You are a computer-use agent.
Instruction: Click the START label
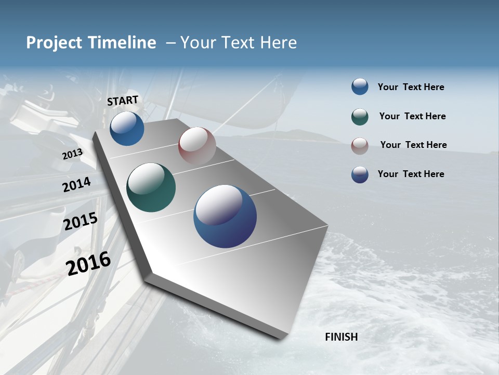pyautogui.click(x=123, y=101)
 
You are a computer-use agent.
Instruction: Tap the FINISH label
pyautogui.click(x=342, y=337)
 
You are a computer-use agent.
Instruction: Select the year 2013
pyautogui.click(x=72, y=154)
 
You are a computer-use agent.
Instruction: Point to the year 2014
pyautogui.click(x=76, y=185)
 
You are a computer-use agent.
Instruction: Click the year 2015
pyautogui.click(x=81, y=221)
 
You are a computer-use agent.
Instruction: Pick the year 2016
pyautogui.click(x=88, y=264)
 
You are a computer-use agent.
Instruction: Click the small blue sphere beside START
pyautogui.click(x=127, y=128)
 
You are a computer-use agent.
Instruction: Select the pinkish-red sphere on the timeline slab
pyautogui.click(x=197, y=146)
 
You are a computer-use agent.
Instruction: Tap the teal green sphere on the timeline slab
pyautogui.click(x=151, y=187)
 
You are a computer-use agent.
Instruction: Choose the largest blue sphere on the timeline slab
pyautogui.click(x=225, y=216)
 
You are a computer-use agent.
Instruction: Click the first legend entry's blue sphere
pyautogui.click(x=360, y=86)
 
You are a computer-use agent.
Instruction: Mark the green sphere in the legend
pyautogui.click(x=360, y=116)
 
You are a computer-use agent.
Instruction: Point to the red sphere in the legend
pyautogui.click(x=360, y=145)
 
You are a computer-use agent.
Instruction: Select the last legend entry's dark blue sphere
pyautogui.click(x=360, y=174)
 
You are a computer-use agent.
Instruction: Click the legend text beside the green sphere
pyautogui.click(x=412, y=116)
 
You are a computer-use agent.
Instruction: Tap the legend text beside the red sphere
pyautogui.click(x=413, y=145)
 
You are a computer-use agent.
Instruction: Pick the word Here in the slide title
pyautogui.click(x=278, y=43)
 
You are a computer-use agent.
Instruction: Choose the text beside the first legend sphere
pyautogui.click(x=411, y=87)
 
